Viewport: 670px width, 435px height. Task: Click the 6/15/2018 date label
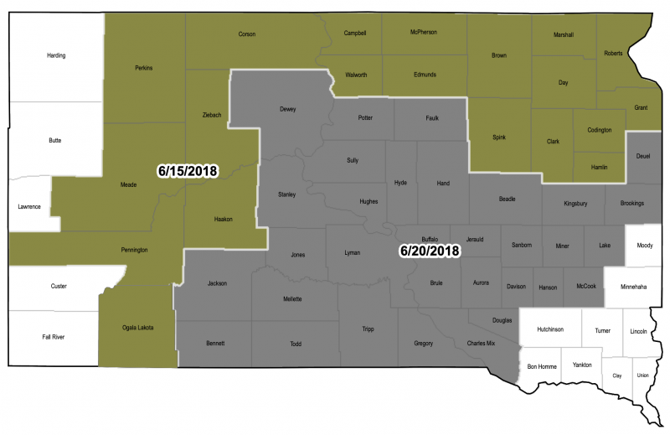(188, 170)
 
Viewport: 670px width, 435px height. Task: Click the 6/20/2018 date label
(430, 251)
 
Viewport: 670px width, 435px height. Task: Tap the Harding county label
(56, 56)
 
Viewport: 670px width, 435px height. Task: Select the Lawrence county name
(29, 206)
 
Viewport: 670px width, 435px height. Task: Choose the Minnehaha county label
(637, 286)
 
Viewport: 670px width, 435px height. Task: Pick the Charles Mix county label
(481, 343)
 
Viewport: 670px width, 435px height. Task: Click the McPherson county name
(424, 32)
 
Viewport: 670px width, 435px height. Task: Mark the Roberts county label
(614, 53)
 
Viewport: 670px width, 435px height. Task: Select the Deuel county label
(643, 156)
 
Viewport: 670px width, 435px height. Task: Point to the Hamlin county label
(600, 168)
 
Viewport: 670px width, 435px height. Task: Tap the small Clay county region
(618, 375)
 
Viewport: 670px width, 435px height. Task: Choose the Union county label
(642, 375)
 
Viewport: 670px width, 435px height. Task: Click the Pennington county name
(134, 250)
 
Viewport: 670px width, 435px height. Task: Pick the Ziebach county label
(212, 114)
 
